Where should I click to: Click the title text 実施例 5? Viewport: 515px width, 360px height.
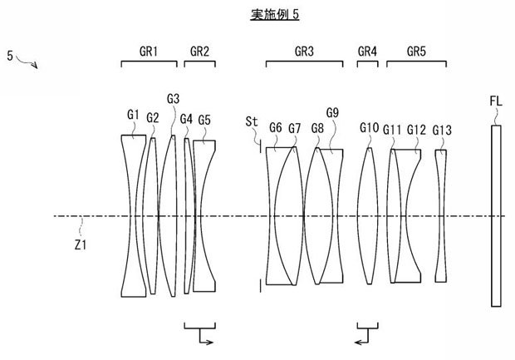pyautogui.click(x=275, y=14)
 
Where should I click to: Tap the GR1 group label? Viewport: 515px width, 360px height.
pyautogui.click(x=149, y=52)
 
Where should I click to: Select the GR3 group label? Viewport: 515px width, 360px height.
pyautogui.click(x=304, y=52)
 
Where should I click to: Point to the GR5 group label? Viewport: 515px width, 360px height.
pyautogui.click(x=416, y=52)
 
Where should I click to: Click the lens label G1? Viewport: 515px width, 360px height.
pyautogui.click(x=133, y=115)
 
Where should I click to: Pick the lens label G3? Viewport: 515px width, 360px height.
pyautogui.click(x=173, y=99)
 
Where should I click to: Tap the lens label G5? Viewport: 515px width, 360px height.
pyautogui.click(x=204, y=120)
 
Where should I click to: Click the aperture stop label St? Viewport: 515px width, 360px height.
pyautogui.click(x=252, y=121)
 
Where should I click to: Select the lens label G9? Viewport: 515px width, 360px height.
pyautogui.click(x=332, y=113)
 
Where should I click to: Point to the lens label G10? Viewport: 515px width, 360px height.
pyautogui.click(x=369, y=127)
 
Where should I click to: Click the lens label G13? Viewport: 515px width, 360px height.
pyautogui.click(x=442, y=131)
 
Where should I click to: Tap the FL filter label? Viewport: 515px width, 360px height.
pyautogui.click(x=496, y=101)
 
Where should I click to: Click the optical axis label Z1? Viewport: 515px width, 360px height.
pyautogui.click(x=81, y=244)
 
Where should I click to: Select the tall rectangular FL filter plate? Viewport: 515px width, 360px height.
pyautogui.click(x=496, y=215)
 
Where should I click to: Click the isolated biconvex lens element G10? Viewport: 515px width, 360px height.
pyautogui.click(x=368, y=215)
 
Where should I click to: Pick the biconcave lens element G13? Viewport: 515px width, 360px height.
pyautogui.click(x=441, y=215)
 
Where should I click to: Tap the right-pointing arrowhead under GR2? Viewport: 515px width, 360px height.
pyautogui.click(x=210, y=343)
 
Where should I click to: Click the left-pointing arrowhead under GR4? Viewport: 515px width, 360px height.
pyautogui.click(x=358, y=343)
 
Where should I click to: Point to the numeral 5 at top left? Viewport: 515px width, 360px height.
pyautogui.click(x=10, y=56)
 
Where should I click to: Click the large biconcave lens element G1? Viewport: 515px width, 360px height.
pyautogui.click(x=134, y=215)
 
